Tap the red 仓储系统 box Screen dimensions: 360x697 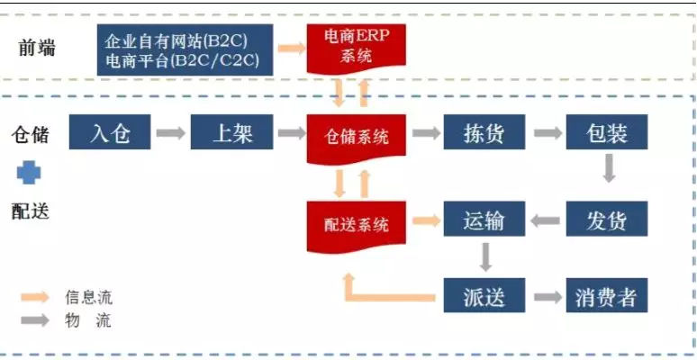(357, 137)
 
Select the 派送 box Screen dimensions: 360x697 (484, 296)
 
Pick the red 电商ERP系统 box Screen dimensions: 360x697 (357, 48)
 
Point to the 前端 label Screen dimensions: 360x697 (37, 48)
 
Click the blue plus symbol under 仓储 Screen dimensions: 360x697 (29, 173)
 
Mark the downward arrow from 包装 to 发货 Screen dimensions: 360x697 (609, 168)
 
